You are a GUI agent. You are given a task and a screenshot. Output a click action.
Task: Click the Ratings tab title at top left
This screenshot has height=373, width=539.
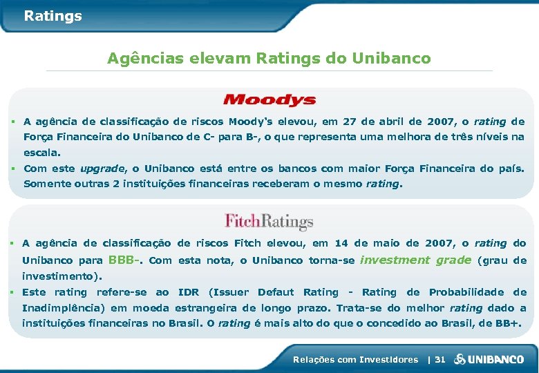click(53, 16)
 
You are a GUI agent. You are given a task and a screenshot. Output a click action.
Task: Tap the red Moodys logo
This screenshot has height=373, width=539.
click(269, 101)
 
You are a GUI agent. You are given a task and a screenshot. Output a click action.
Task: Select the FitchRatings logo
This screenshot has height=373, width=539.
click(269, 221)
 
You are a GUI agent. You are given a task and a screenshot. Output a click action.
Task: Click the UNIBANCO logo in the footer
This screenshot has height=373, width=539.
click(495, 359)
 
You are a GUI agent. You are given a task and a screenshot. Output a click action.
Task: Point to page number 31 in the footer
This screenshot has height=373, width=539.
click(439, 359)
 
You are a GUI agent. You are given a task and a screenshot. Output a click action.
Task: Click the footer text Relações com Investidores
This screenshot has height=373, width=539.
click(355, 359)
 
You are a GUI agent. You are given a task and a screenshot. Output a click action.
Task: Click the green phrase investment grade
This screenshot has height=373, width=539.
click(415, 260)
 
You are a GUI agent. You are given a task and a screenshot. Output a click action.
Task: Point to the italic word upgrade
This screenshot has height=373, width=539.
click(102, 169)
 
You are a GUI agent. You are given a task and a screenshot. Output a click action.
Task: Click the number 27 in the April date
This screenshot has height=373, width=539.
click(349, 122)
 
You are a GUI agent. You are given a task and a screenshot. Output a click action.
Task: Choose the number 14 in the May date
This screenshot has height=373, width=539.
click(341, 243)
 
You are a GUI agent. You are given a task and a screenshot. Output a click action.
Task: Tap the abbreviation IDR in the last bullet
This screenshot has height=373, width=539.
click(188, 292)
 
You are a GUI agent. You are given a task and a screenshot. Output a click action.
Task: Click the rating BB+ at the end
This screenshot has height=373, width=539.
click(506, 323)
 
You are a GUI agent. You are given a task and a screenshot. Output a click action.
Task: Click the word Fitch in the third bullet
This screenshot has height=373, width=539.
click(247, 243)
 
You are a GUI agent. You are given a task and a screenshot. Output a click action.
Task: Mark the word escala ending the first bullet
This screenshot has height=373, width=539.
click(41, 152)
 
